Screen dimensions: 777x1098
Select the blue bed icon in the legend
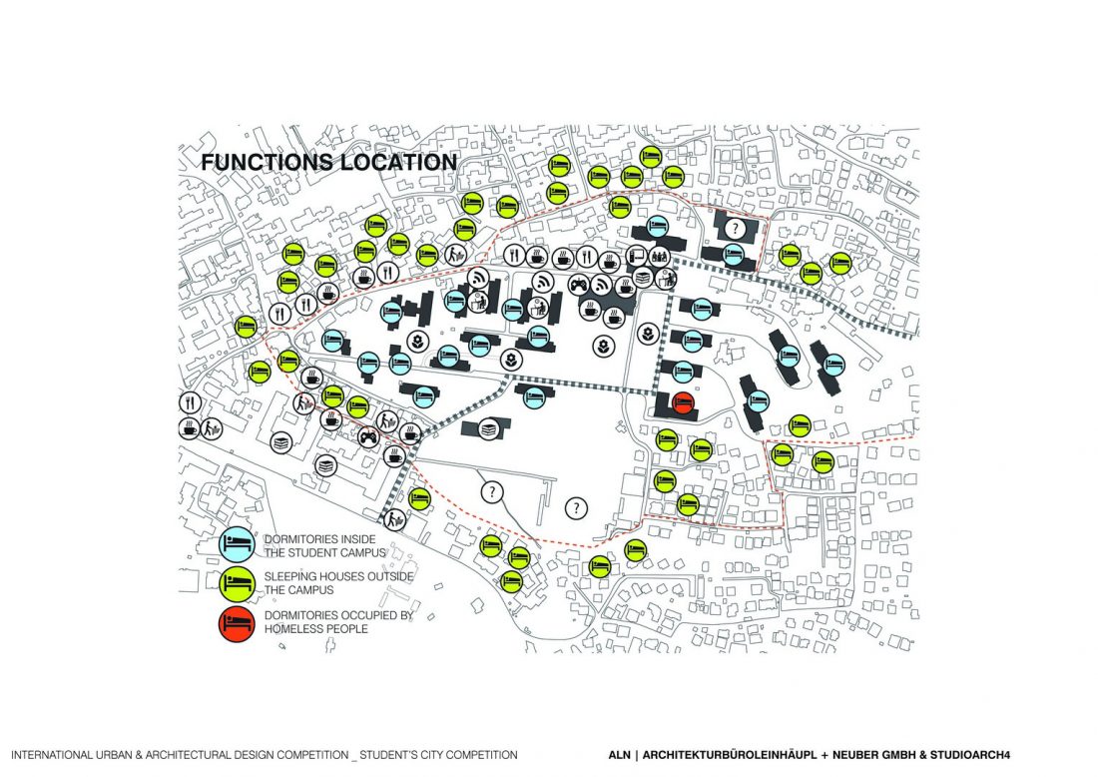[x=237, y=544]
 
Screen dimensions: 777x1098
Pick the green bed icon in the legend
[x=237, y=584]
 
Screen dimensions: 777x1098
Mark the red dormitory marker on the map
[x=683, y=404]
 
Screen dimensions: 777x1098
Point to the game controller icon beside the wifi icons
[x=578, y=285]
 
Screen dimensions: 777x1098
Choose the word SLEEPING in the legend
[x=294, y=576]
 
